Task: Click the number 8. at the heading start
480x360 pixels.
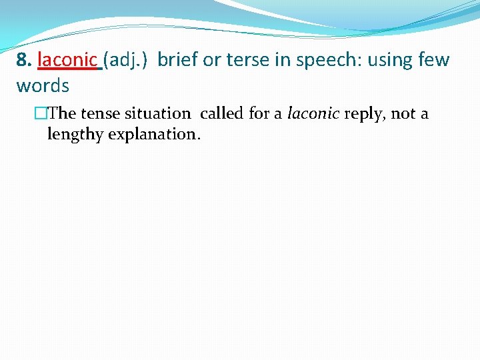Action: point(25,60)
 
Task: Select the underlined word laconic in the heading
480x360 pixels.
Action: point(67,60)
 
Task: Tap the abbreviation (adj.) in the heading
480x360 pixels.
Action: point(126,60)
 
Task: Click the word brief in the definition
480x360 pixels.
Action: point(177,60)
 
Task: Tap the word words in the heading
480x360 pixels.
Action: point(43,86)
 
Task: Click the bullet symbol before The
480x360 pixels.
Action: point(42,114)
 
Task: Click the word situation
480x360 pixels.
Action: point(156,114)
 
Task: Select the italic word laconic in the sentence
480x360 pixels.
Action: point(313,114)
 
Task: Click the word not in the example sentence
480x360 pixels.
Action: point(403,114)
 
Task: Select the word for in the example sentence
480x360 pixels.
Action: point(260,114)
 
